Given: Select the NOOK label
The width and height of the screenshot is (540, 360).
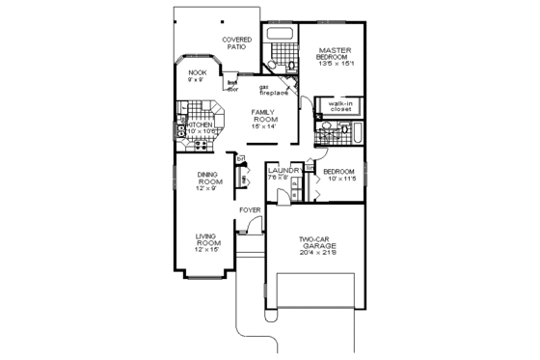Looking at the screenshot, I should pos(197,72).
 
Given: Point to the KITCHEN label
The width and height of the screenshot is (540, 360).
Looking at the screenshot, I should pos(199,125).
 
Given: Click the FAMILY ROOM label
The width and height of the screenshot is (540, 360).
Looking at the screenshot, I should pos(265,116).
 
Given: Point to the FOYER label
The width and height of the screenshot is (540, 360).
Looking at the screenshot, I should pos(251,208).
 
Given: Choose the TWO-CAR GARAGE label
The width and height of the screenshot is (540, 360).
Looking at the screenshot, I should pos(317,242).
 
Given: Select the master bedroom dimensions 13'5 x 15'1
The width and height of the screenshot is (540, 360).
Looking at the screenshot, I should pos(334,64).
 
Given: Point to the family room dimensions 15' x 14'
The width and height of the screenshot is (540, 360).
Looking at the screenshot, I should pos(265,126).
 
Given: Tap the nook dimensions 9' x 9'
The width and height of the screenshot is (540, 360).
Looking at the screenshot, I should pos(197,79).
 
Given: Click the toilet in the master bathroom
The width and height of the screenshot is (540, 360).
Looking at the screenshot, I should pos(273,65).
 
